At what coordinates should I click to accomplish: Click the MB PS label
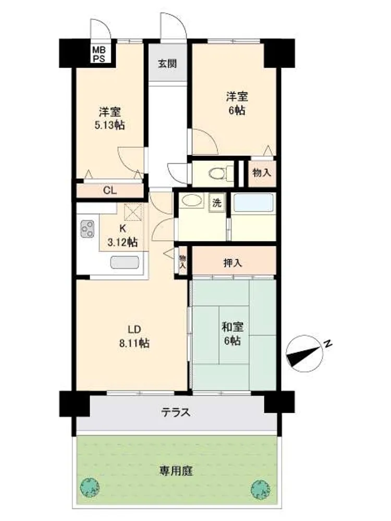point(99,54)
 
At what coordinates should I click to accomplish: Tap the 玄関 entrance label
point(167,64)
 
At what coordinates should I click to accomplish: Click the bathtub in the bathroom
point(253,202)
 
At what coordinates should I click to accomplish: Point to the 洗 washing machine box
point(217,203)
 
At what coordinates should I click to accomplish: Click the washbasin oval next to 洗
point(191,201)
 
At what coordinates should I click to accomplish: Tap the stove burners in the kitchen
point(88,229)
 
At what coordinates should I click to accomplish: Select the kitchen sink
point(125,262)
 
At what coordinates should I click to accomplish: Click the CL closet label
point(109,191)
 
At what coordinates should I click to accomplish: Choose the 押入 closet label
point(233,263)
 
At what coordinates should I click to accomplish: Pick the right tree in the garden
point(261,489)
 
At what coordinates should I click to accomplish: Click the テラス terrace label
point(176,413)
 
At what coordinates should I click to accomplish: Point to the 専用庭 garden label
point(176,471)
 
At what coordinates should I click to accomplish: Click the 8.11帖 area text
point(135,343)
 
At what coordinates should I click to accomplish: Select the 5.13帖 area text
point(109,125)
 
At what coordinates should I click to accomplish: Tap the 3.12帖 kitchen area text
point(123,243)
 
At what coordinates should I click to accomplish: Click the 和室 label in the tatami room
point(233,327)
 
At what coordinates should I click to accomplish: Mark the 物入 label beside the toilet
point(262,173)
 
